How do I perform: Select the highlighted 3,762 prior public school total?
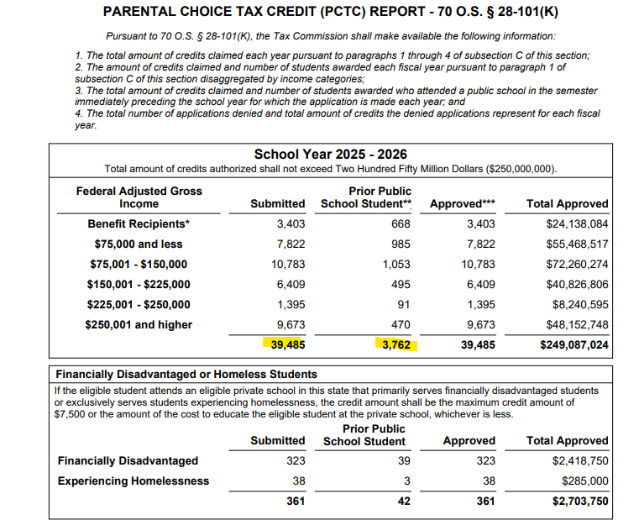click(x=395, y=344)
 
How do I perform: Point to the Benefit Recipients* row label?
click(x=139, y=224)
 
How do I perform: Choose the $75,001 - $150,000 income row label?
click(x=139, y=265)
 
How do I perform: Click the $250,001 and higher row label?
click(x=139, y=324)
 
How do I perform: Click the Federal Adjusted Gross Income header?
click(x=139, y=197)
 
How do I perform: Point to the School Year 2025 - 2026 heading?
click(x=330, y=155)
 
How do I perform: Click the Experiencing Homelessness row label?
click(x=133, y=481)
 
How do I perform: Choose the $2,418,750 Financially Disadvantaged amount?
click(x=580, y=460)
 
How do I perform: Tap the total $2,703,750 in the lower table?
click(x=580, y=502)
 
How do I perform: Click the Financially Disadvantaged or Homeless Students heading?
click(x=186, y=374)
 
